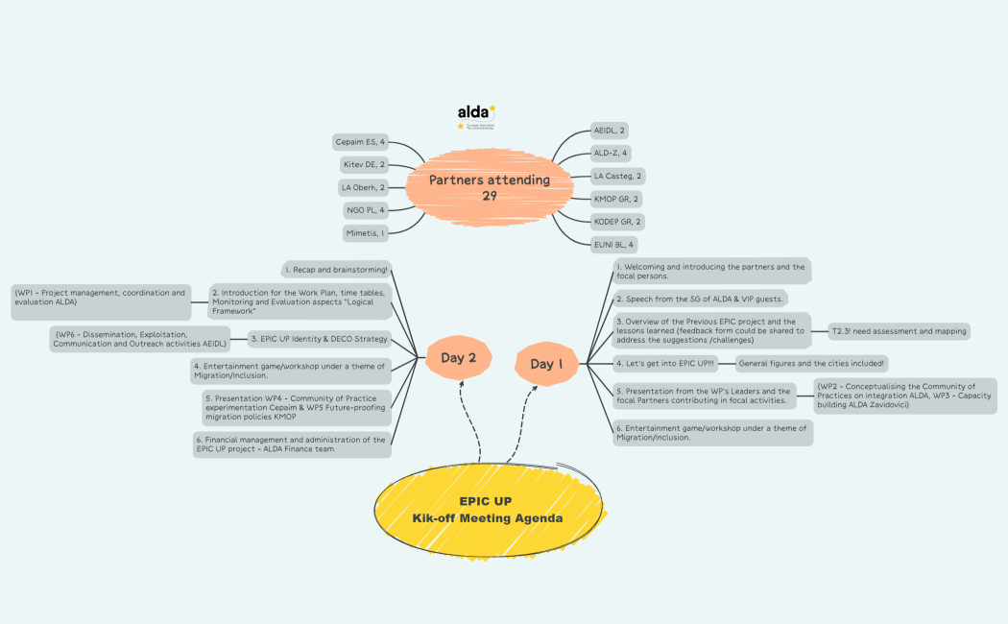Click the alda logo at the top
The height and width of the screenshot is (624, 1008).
click(x=476, y=115)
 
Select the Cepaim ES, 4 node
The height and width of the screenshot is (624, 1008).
click(x=360, y=142)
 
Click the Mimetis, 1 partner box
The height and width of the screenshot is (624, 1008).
click(x=365, y=232)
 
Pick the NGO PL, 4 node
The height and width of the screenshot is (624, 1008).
click(x=365, y=209)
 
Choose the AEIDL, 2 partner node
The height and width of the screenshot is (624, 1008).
click(x=610, y=130)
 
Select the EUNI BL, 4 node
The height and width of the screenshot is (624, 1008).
click(x=614, y=245)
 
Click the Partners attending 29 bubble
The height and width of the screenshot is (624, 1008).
click(x=489, y=186)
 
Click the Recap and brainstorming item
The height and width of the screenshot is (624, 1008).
click(x=336, y=269)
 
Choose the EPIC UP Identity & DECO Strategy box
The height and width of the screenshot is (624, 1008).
click(x=318, y=338)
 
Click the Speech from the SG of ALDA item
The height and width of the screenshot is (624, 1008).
click(x=701, y=299)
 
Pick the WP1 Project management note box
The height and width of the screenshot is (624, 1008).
click(x=100, y=297)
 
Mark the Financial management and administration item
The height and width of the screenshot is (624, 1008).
click(x=291, y=444)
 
